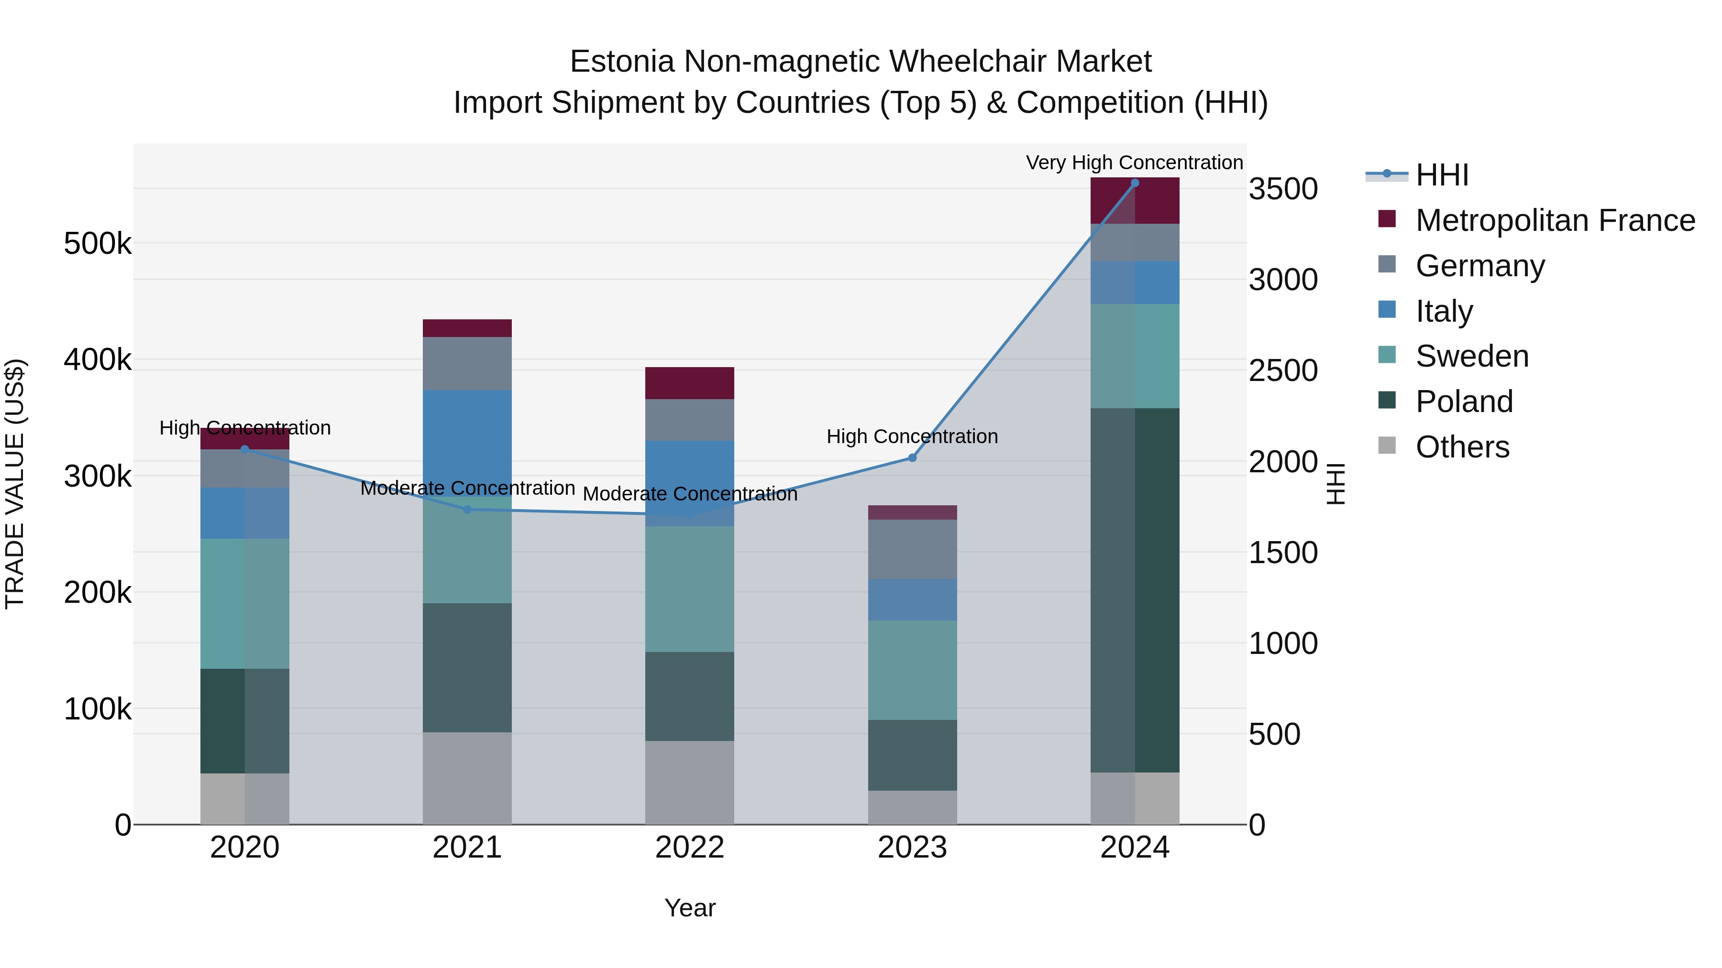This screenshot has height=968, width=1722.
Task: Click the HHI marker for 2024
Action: coord(1135,183)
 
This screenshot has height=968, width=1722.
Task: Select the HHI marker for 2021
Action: coord(467,510)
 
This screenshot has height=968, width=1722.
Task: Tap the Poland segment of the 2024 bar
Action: coord(1135,590)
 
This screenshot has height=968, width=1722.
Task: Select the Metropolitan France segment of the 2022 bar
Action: coord(689,383)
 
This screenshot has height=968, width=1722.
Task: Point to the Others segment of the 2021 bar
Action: coord(467,778)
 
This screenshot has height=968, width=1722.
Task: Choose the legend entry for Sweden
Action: coord(1471,356)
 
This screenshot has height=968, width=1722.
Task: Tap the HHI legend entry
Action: coord(1441,175)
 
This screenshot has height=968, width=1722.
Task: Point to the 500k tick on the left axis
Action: coord(98,244)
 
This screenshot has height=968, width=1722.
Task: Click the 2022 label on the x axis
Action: coord(689,848)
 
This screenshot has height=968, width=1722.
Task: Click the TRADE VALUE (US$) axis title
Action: coord(15,484)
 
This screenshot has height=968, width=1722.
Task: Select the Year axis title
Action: coord(689,908)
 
